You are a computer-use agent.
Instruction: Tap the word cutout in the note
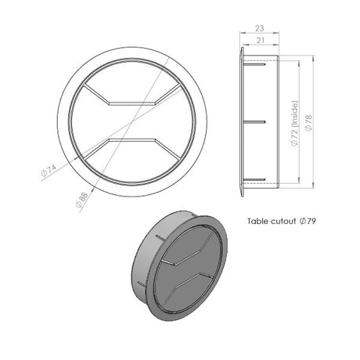283,221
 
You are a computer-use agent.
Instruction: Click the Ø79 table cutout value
308,221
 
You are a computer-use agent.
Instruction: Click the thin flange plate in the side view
240,122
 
